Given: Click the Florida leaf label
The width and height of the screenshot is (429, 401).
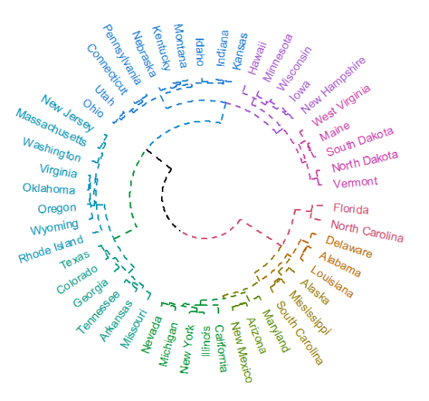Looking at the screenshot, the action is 351,209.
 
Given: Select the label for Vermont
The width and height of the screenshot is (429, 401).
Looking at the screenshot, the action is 355,183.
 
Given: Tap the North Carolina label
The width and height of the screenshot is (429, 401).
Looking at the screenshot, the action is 367,231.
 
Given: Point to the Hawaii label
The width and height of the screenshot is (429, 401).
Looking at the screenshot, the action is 256,58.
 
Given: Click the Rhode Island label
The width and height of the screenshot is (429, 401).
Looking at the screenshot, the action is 51,249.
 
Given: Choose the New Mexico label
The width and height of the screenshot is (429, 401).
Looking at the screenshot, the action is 241,351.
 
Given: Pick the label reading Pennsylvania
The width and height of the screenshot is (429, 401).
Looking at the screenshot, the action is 122,54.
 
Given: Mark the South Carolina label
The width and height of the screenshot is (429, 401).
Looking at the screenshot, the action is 300,333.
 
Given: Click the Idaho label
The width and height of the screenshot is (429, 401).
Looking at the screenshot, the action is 200,52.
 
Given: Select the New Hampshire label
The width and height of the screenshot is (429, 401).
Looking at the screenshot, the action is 333,85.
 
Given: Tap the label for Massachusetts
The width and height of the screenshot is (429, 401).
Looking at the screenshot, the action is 51,127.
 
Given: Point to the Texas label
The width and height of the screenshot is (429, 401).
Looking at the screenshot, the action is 74,260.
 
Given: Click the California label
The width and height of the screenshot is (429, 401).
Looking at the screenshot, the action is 221,348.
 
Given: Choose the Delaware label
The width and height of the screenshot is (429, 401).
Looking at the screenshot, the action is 348,247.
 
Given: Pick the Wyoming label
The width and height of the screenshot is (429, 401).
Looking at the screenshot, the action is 54,228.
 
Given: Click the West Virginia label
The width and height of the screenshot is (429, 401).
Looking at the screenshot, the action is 341,105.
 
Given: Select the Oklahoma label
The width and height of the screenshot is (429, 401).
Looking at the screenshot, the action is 49,189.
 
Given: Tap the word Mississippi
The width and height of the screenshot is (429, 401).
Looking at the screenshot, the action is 311,313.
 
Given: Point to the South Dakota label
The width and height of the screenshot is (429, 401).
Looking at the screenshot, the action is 360,142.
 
